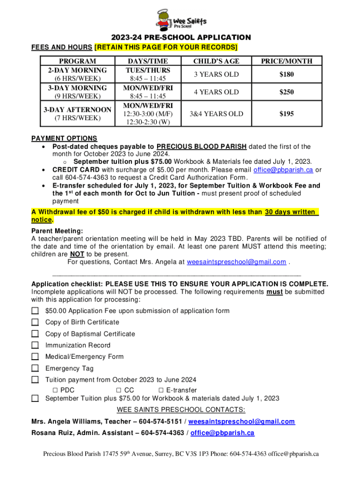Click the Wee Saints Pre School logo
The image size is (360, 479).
[x=180, y=20]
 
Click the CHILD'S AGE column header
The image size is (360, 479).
[x=216, y=61]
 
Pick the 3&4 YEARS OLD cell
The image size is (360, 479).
[x=216, y=114]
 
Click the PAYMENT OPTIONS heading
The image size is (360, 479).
[x=64, y=138]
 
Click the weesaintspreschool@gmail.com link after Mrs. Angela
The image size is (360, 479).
[x=237, y=262]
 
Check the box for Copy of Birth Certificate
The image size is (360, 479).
[x=35, y=322]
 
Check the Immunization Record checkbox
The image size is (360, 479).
[x=35, y=345]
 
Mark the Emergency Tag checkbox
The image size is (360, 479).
[x=35, y=369]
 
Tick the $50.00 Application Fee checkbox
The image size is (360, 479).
[x=35, y=311]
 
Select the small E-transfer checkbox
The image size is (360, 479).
[x=161, y=390]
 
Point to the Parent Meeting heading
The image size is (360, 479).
[x=57, y=231]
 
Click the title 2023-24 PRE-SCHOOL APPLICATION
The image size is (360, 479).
[x=180, y=37]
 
